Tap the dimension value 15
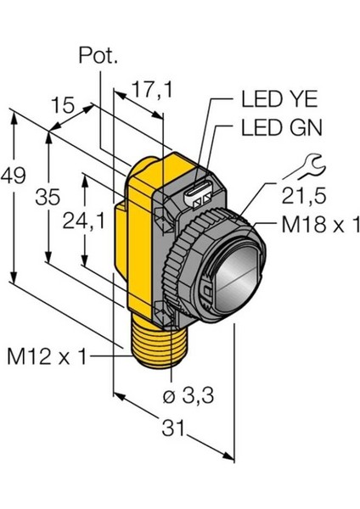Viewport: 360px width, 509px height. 61,105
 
